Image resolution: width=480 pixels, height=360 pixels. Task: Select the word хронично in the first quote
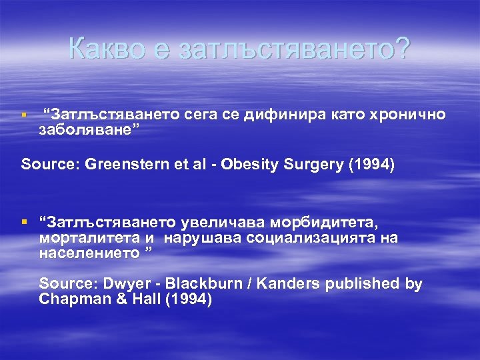(408, 115)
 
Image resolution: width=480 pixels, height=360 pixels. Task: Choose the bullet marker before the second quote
(25, 221)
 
